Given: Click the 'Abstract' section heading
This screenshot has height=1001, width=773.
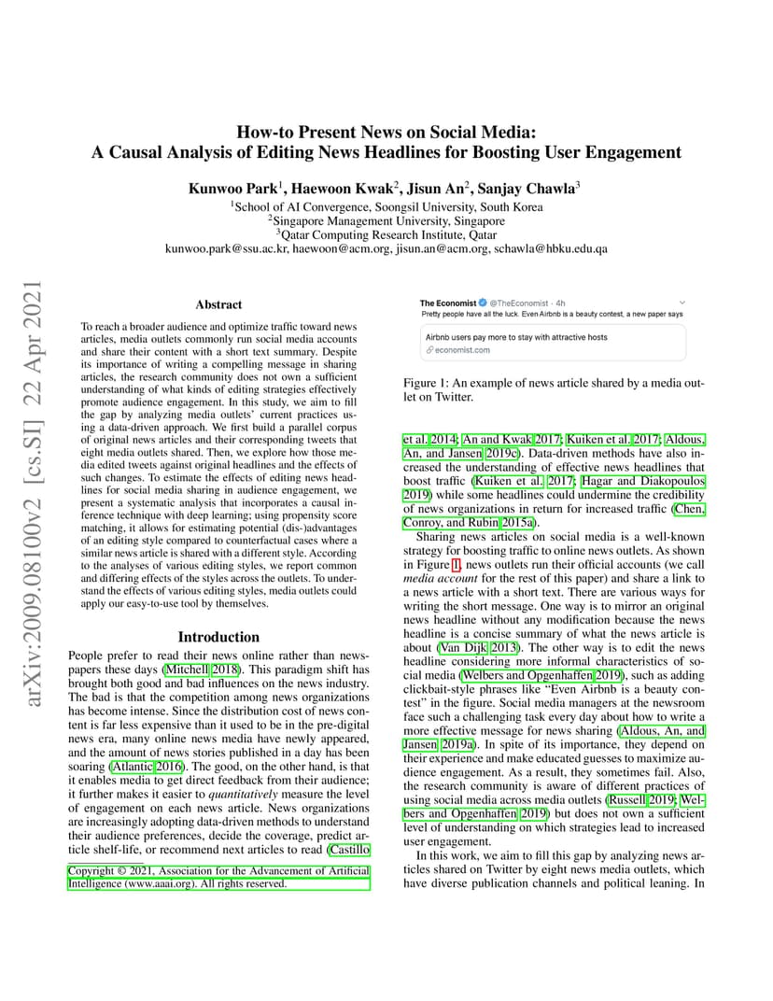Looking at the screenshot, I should coord(218,304).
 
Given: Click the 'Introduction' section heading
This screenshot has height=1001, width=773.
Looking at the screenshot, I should coord(218,637).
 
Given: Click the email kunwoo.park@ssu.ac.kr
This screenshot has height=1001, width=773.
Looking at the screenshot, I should coord(227,249).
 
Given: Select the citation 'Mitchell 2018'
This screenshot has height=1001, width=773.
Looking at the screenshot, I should coord(200,670).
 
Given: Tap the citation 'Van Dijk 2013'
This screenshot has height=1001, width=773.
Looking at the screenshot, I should coord(464,648).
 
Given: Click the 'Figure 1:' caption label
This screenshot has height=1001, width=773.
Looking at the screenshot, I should coord(427,383).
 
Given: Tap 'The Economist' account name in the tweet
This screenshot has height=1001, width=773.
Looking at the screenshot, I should coord(447,303).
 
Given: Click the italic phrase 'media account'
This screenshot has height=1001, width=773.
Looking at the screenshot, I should coord(436,578).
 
